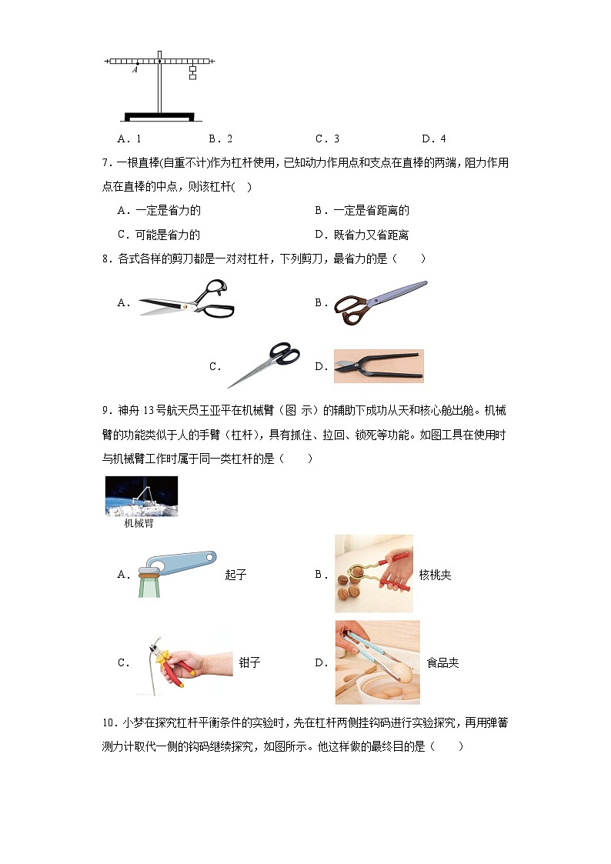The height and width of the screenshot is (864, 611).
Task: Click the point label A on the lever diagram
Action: click(135, 70)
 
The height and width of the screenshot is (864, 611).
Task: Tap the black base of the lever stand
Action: click(160, 116)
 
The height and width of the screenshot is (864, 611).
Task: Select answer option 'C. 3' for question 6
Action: click(327, 138)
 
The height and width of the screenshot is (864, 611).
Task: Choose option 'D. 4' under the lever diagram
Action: click(433, 138)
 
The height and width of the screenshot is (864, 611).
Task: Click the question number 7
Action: click(108, 163)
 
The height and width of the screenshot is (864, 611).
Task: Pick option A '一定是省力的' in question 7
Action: click(159, 211)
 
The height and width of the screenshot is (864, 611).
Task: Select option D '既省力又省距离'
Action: click(362, 235)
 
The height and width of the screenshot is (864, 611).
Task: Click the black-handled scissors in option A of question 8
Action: click(187, 301)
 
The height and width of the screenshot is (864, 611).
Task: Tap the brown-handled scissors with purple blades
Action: click(380, 302)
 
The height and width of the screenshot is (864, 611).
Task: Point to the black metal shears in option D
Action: click(379, 366)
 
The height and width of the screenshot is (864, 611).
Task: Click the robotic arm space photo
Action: click(142, 496)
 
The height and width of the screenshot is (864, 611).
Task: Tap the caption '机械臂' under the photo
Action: click(139, 523)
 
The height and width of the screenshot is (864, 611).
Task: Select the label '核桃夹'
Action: click(436, 575)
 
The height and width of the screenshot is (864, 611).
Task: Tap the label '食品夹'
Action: click(443, 663)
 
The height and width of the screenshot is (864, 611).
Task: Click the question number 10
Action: click(109, 723)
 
